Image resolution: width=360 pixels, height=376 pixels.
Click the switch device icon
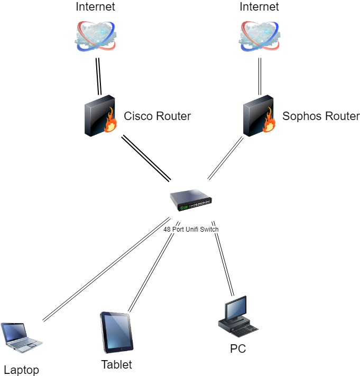191,200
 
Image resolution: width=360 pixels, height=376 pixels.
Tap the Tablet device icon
117,332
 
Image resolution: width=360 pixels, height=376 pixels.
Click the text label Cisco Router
157,116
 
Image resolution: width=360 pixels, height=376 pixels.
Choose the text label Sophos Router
321,116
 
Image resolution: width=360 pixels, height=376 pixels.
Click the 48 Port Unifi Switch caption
191,230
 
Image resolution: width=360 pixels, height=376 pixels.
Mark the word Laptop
21,370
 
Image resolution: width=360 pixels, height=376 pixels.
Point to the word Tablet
116,364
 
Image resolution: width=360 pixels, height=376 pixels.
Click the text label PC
238,349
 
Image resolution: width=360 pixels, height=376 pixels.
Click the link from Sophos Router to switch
226,158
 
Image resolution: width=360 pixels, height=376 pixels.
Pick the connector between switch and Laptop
106,269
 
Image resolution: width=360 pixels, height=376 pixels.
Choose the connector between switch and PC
223,258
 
